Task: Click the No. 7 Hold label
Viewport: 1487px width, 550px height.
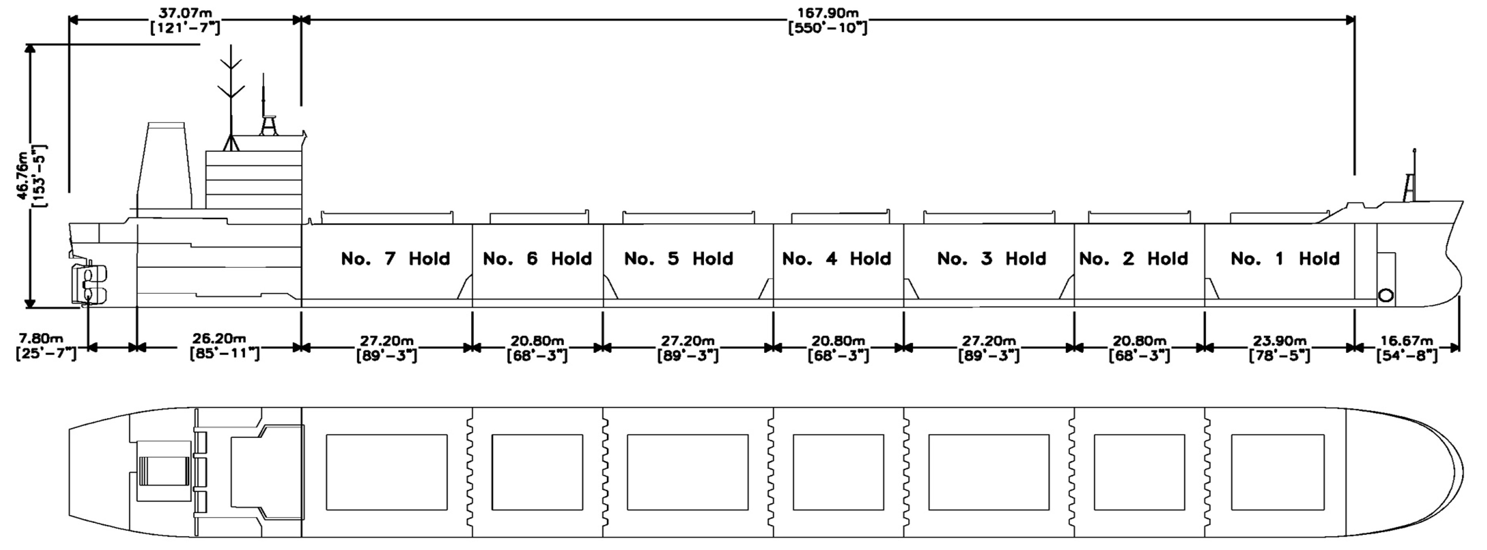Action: pyautogui.click(x=395, y=259)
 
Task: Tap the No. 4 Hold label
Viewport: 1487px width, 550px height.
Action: pyautogui.click(x=837, y=259)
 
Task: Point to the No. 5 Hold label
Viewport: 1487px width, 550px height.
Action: pyautogui.click(x=678, y=259)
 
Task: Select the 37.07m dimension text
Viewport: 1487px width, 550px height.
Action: pyautogui.click(x=185, y=20)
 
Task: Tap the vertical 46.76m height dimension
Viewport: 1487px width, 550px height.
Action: pyautogui.click(x=31, y=175)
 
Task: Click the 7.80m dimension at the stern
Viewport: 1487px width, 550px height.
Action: pyautogui.click(x=45, y=346)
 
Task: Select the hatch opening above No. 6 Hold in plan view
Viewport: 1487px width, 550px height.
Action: pyautogui.click(x=537, y=472)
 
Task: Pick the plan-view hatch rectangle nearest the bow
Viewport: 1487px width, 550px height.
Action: pyautogui.click(x=1277, y=472)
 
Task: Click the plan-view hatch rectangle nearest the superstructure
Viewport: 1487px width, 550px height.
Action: pyautogui.click(x=387, y=472)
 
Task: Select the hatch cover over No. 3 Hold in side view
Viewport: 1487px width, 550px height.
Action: pyautogui.click(x=989, y=217)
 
